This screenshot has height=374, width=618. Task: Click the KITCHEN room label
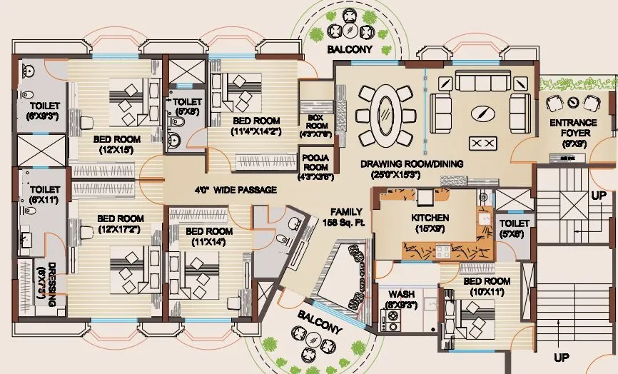point(430,223)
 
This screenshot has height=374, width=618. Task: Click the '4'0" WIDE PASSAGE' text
point(235,191)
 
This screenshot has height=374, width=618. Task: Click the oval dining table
point(385,115)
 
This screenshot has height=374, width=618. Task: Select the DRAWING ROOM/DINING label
point(411,168)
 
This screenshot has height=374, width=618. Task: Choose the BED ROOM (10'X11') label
point(486,287)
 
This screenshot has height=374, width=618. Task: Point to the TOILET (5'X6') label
point(513,228)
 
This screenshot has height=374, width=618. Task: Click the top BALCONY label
point(350,50)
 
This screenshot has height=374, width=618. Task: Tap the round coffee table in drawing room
point(484,112)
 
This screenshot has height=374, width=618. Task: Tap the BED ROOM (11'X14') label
point(209,237)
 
